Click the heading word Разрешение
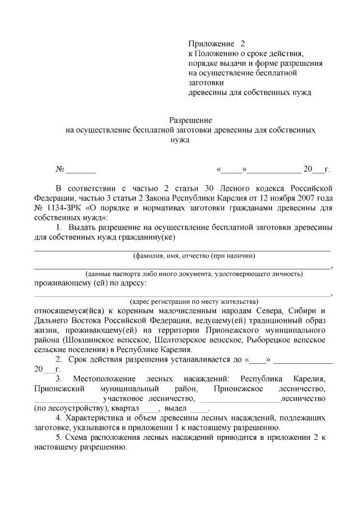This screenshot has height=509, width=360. [191, 120]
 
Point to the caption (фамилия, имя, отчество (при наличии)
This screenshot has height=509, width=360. [194, 255]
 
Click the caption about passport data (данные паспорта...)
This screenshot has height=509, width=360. [194, 273]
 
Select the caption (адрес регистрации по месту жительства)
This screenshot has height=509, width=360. [194, 301]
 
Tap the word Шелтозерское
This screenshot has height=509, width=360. [183, 340]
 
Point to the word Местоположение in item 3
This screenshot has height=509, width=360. [99, 379]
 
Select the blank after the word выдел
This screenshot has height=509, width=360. [199, 408]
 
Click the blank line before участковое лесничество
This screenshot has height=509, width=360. [62, 398]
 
